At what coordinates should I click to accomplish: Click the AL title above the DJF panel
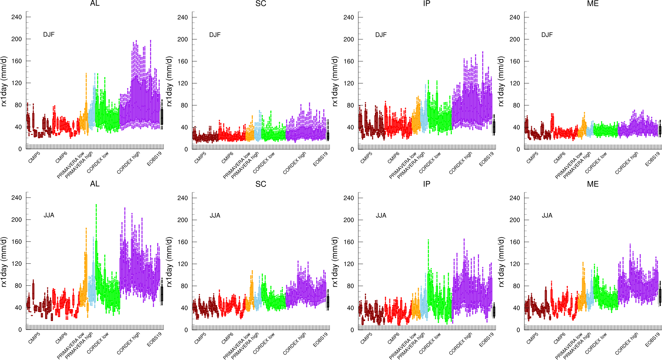coord(95,4)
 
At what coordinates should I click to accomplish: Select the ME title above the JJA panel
coord(593,184)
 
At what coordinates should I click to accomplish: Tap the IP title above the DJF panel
coord(427,4)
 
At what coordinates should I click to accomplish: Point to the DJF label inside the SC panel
coord(215,35)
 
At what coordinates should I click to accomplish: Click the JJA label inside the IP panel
coord(381,215)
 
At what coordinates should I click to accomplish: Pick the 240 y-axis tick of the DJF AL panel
coord(16,17)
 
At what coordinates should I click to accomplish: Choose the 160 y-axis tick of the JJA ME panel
coord(515,242)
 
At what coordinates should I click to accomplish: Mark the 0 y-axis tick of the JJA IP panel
coord(352,330)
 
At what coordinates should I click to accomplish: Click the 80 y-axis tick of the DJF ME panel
coord(516,105)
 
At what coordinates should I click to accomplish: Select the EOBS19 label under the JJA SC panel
coord(320,340)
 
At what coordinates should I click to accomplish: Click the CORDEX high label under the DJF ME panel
coord(626,163)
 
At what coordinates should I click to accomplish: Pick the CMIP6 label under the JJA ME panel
coord(559,338)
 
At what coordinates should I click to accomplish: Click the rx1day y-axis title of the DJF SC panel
coord(169,81)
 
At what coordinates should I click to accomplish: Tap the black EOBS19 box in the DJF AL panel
coord(162,117)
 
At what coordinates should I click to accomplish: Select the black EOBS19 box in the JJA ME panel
coord(660,296)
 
